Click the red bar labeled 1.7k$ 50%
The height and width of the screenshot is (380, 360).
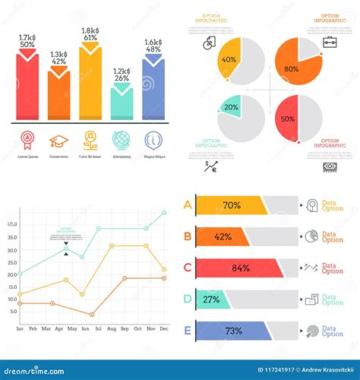click(x=27, y=87)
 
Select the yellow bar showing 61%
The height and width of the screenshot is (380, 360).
click(x=90, y=84)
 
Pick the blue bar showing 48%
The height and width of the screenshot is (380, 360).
click(x=153, y=87)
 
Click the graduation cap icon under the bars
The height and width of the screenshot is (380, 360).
click(x=58, y=141)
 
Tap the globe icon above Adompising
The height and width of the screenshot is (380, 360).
click(x=122, y=141)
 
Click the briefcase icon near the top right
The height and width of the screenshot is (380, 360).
click(x=330, y=42)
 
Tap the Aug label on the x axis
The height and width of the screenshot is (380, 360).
click(x=111, y=329)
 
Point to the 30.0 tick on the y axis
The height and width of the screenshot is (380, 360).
click(x=12, y=249)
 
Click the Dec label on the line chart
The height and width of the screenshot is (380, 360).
click(x=164, y=329)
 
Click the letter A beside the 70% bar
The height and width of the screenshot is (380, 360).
click(x=187, y=204)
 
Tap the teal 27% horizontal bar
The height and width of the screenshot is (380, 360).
click(x=212, y=299)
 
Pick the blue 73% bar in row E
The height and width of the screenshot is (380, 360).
click(x=232, y=331)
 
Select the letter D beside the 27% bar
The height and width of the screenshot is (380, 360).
click(x=187, y=299)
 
